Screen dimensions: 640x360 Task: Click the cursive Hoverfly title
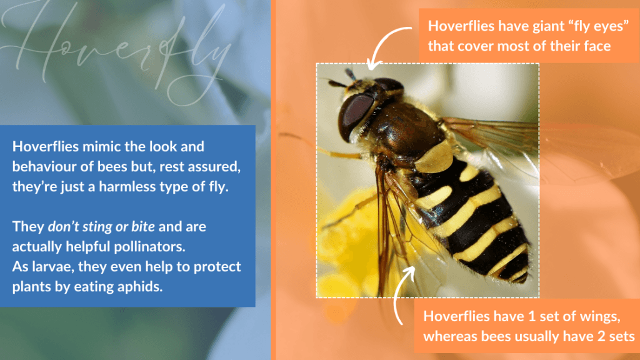(118, 49)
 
